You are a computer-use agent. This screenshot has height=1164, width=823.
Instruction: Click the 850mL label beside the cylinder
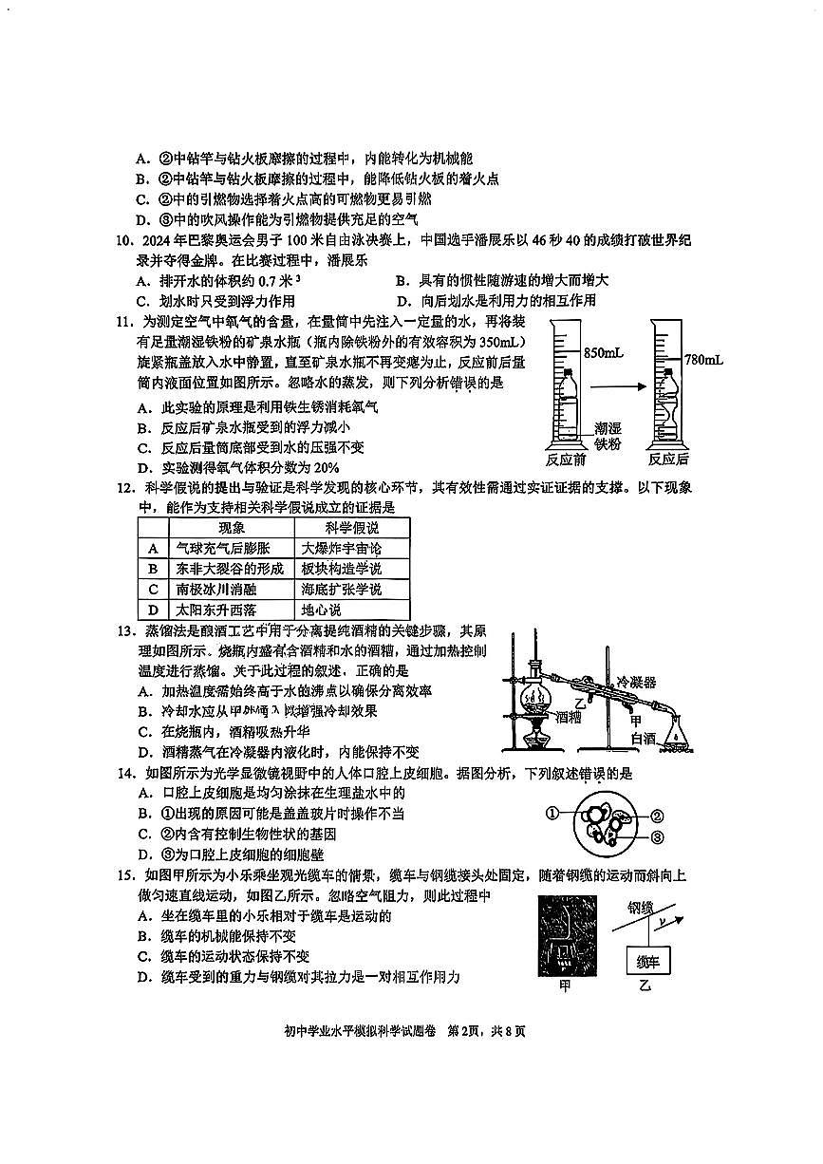(603, 352)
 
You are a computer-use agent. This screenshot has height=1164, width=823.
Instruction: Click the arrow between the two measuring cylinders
(618, 386)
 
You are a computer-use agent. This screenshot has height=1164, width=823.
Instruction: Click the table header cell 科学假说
(350, 528)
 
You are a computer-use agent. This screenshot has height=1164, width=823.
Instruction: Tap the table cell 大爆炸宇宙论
(341, 549)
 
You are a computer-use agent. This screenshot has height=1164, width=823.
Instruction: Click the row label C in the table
(152, 590)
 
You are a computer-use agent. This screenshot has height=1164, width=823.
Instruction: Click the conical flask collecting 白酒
(675, 737)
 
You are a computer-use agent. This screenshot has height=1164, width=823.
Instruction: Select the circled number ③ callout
(655, 836)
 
